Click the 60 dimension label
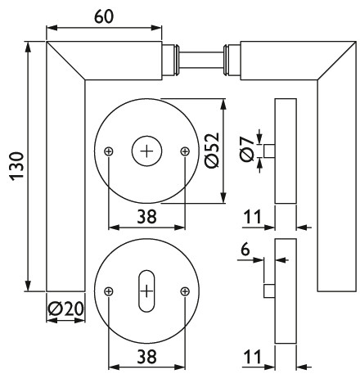[104, 16]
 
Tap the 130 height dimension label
[17, 166]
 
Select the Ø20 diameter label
[65, 309]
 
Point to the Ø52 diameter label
[212, 151]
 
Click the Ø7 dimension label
[246, 150]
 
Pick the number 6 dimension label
[245, 250]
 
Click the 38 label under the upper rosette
[147, 217]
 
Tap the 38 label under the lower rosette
[147, 357]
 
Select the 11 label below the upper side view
[252, 217]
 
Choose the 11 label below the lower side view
[252, 357]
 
